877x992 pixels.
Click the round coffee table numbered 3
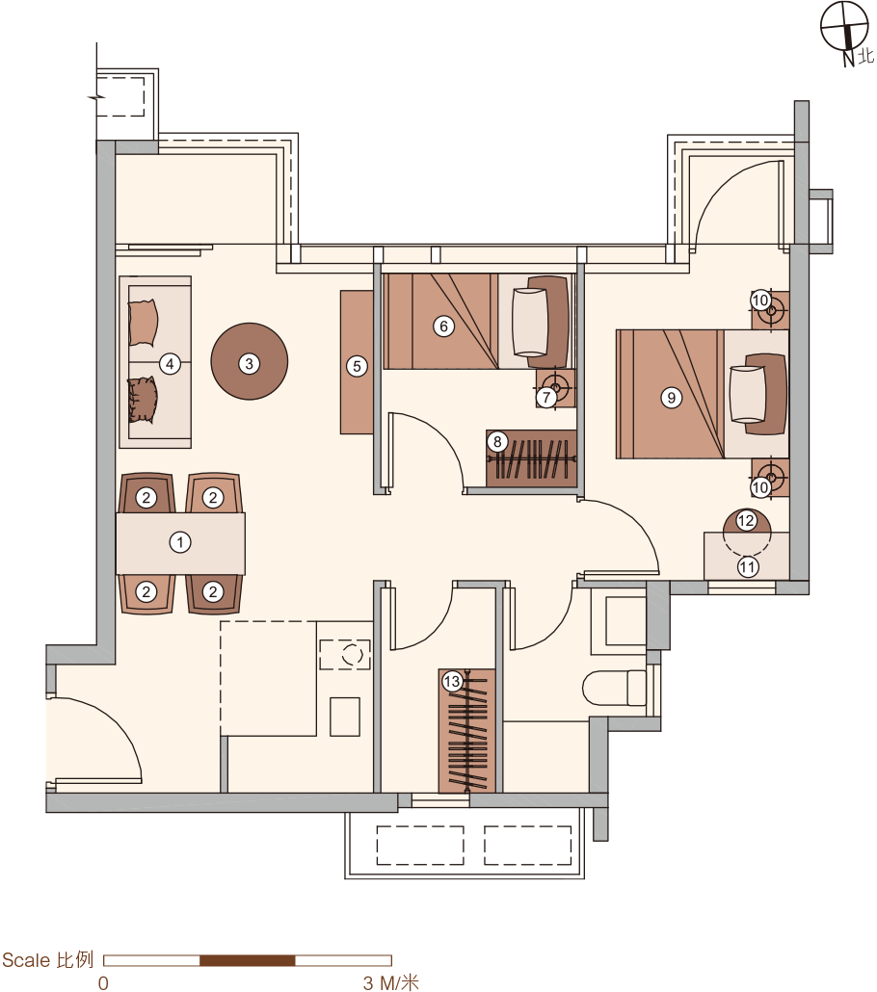point(249,361)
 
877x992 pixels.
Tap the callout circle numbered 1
point(180,542)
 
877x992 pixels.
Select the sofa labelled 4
point(155,362)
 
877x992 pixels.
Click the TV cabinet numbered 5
point(357,362)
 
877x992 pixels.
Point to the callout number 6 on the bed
point(444,326)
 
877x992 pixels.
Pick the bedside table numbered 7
point(555,388)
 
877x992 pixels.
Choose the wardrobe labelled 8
point(531,458)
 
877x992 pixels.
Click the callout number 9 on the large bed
point(671,398)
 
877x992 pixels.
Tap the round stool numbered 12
point(747,522)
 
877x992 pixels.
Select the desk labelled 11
point(747,556)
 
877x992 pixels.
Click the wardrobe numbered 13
point(467,731)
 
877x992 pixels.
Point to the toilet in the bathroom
point(614,688)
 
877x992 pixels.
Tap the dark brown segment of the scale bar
point(248,960)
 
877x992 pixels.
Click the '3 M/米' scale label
point(390,982)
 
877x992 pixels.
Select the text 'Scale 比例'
point(48,959)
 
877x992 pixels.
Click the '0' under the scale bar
point(103,982)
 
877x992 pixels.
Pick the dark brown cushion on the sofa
point(143,400)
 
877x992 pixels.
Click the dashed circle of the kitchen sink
point(353,655)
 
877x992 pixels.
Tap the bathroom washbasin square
point(625,619)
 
